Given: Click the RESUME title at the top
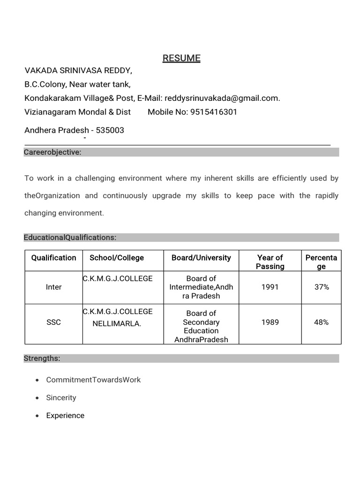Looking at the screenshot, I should tap(181, 58).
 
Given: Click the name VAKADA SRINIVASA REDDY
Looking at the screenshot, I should tap(78, 71).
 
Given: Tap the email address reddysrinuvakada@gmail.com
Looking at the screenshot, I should tap(222, 98).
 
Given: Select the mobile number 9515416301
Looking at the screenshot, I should tap(214, 112).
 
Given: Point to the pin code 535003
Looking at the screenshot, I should tap(110, 130).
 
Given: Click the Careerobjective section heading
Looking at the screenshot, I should tap(52, 152).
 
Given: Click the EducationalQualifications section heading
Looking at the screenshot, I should tap(70, 238).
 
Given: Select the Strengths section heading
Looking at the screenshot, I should tap(42, 359).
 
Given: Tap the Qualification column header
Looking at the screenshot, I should tap(53, 258).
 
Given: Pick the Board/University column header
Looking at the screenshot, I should tap(201, 258).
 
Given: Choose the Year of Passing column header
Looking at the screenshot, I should tap(270, 262).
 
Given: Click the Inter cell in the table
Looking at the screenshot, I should tap(53, 287).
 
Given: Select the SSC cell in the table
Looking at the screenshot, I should tap(53, 322).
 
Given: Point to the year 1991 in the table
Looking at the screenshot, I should tap(270, 287).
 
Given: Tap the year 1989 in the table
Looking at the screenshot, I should tap(270, 322).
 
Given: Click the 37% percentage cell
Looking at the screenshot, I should tap(322, 287).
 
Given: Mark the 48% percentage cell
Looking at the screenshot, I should tap(322, 322).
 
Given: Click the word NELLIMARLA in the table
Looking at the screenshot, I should tap(117, 323).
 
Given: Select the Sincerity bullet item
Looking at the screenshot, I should tap(61, 397).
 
